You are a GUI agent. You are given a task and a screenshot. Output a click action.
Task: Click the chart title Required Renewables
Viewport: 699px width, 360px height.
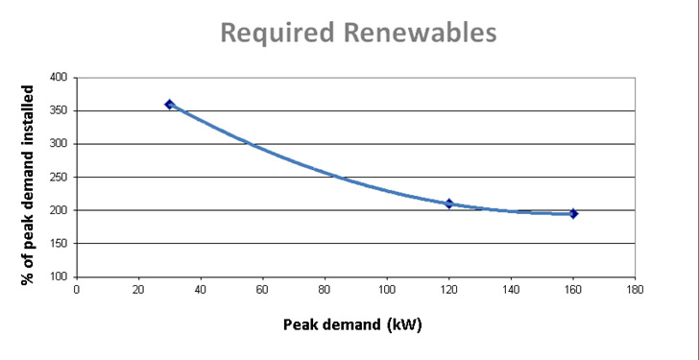358,33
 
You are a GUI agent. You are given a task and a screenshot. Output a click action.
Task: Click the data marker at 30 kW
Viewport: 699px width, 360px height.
169,104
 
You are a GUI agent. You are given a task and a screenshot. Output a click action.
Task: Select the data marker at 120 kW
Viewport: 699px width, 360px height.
448,204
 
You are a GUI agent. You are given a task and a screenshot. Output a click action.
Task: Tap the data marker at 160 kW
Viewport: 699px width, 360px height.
573,213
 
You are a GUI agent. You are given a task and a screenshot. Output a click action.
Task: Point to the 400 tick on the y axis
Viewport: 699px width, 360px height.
59,78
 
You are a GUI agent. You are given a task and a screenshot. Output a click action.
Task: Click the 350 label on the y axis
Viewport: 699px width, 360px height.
59,111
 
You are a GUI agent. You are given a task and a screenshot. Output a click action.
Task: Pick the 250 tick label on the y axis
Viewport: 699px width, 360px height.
59,178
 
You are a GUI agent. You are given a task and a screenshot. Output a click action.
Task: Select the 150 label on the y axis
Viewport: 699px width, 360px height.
59,244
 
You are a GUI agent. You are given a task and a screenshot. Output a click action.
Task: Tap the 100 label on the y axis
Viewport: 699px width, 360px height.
59,276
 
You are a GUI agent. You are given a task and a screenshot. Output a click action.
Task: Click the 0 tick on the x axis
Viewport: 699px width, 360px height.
76,289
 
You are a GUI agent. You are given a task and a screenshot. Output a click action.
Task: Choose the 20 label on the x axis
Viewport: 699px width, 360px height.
138,289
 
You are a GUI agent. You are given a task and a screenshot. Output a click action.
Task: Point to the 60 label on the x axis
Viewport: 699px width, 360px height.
262,289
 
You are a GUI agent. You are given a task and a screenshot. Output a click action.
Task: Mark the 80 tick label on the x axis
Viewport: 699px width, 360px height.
325,289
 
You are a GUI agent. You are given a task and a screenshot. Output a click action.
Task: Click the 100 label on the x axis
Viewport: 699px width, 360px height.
387,289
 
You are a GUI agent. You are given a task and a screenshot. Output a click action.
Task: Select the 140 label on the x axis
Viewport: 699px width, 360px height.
511,289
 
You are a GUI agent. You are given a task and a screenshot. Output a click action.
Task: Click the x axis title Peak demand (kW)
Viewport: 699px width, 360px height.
351,324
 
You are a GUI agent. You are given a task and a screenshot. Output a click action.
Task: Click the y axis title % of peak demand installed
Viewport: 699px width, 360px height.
29,184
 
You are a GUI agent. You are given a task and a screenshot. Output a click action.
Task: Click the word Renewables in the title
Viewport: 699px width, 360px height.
419,33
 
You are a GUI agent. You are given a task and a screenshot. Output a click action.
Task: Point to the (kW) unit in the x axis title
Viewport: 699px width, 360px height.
404,324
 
